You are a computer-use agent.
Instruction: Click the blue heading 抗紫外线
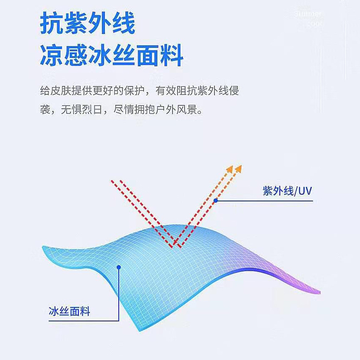[x=88, y=24]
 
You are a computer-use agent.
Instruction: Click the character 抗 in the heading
[x=52, y=24]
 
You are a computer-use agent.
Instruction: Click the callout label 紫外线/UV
[x=287, y=191]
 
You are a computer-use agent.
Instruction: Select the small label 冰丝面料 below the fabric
[x=69, y=311]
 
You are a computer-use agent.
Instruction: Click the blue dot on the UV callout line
[x=216, y=201]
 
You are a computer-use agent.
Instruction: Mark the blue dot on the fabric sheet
[x=119, y=267]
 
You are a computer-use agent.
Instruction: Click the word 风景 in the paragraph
[x=187, y=110]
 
